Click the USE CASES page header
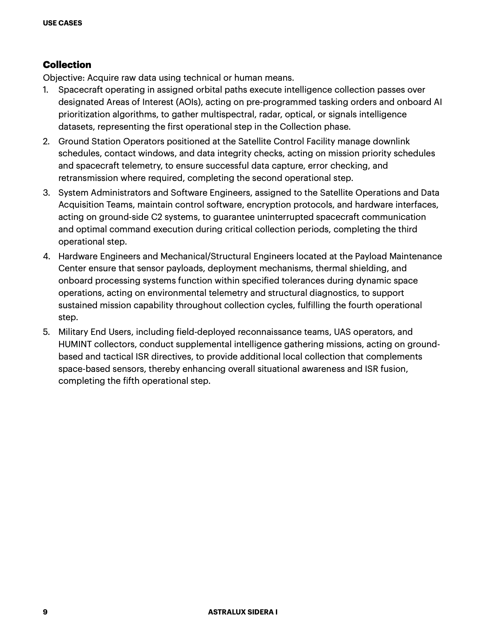tap(62, 23)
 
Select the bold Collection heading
tap(67, 65)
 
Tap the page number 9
tap(45, 612)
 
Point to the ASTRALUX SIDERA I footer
tap(243, 612)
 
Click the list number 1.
tap(46, 90)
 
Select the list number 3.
tap(46, 193)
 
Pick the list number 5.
tap(46, 332)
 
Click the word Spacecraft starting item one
tap(81, 90)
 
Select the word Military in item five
tap(73, 332)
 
